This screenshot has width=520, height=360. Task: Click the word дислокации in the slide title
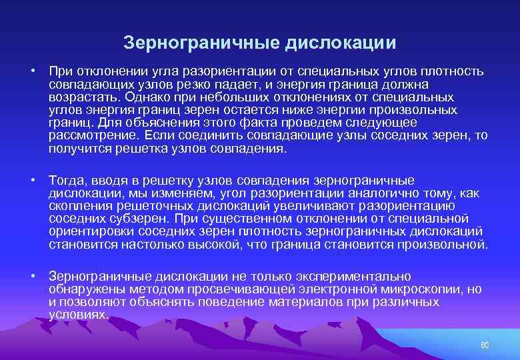(x=341, y=43)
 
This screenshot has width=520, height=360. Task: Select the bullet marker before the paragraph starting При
(x=31, y=71)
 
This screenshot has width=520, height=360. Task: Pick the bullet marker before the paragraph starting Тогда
(x=31, y=181)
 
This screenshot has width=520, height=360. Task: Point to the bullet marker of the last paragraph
(x=31, y=276)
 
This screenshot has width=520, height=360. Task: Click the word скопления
(x=77, y=206)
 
